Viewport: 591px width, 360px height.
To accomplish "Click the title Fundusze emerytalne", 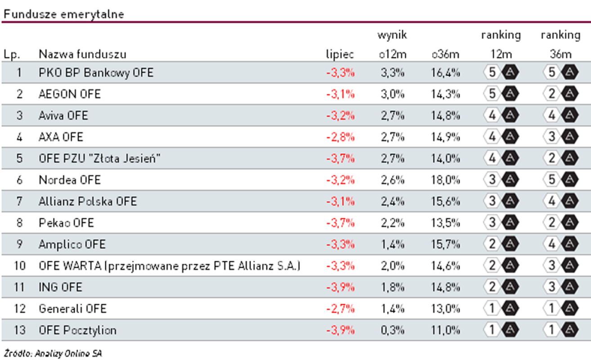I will click(63, 14).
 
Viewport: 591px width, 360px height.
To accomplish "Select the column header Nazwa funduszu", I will click(82, 54).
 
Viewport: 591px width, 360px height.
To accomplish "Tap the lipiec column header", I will click(340, 54).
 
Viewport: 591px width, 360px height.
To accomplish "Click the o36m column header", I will click(445, 54).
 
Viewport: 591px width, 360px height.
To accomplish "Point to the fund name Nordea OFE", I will click(70, 180).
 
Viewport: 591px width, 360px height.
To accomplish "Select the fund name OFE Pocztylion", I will click(77, 330).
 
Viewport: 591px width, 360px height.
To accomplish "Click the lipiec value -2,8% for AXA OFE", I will click(340, 137).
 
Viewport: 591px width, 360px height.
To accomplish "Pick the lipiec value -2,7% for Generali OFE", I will click(340, 309).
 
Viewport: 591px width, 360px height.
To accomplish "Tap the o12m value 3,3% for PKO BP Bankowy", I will click(392, 72).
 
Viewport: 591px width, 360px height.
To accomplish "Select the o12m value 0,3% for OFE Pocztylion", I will click(392, 330).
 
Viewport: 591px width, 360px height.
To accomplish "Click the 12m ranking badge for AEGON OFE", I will click(501, 94).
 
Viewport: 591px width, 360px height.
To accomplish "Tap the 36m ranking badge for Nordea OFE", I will click(560, 180).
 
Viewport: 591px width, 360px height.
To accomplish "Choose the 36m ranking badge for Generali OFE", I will click(560, 309).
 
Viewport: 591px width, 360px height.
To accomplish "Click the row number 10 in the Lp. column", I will click(19, 266).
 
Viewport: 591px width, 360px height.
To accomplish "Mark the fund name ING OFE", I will click(60, 287).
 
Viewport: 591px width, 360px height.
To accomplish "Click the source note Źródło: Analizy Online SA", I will click(53, 353).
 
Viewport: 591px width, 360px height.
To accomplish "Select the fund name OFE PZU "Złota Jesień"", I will click(100, 158).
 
